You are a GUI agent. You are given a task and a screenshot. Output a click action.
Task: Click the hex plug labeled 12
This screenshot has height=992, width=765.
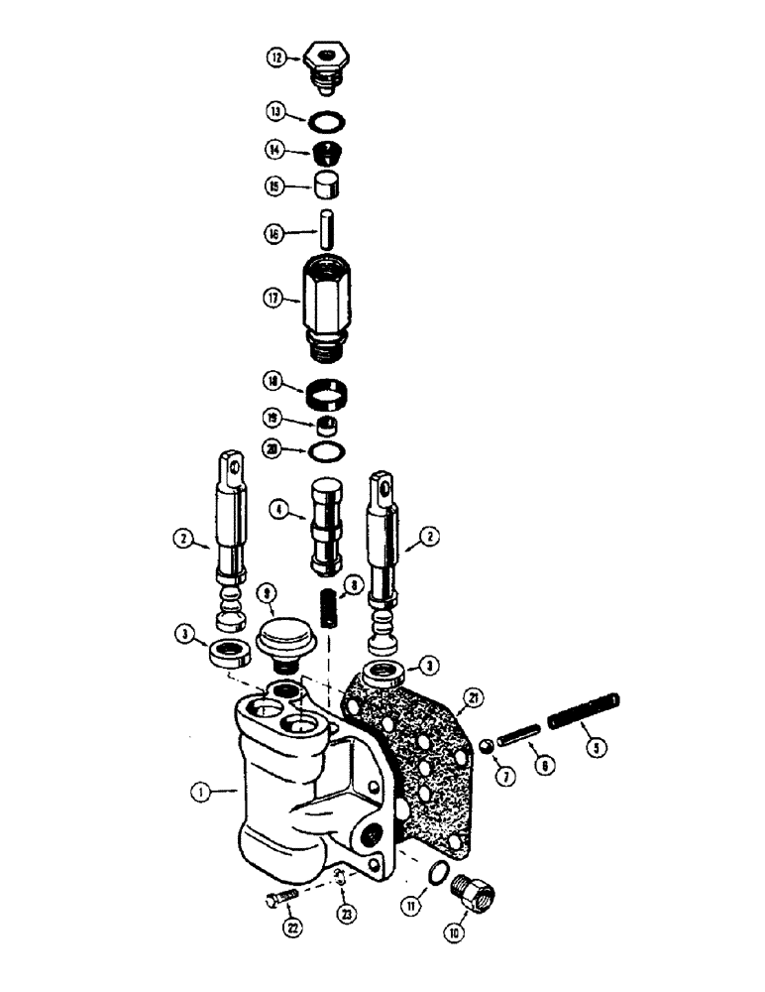pos(327,61)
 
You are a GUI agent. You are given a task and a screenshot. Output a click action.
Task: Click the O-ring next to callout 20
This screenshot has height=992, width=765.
pos(328,451)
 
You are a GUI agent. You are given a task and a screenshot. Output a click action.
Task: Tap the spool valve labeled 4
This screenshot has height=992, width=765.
pos(328,522)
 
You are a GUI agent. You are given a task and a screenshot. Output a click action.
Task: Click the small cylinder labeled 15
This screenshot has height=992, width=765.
pos(327,185)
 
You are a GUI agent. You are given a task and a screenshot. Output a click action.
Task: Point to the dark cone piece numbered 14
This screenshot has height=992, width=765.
pos(327,153)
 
